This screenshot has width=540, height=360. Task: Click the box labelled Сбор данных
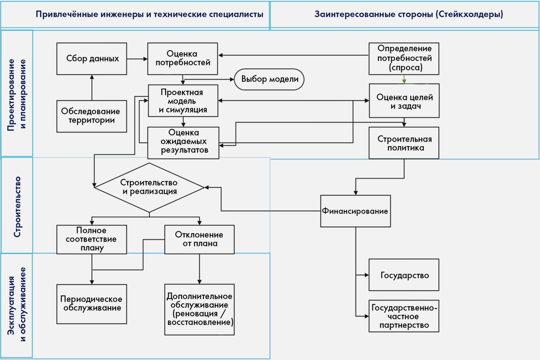[92, 59]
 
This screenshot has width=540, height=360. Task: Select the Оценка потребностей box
[182, 59]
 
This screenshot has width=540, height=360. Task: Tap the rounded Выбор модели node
[269, 79]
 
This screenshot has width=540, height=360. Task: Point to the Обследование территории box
[92, 116]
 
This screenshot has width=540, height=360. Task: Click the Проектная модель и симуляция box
[183, 101]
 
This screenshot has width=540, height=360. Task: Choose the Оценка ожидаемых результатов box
[183, 143]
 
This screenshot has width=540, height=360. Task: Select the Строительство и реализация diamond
[149, 187]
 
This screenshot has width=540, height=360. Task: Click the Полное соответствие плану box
[92, 239]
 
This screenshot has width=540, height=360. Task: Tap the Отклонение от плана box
[199, 239]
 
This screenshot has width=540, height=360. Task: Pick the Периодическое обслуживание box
[92, 304]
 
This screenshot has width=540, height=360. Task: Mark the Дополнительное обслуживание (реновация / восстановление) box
[199, 309]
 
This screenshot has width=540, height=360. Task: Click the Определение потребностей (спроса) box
[404, 59]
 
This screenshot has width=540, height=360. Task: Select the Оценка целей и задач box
[404, 101]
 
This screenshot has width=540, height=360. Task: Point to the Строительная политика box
[404, 143]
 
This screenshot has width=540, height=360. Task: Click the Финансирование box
[355, 211]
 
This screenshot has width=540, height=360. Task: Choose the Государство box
[404, 275]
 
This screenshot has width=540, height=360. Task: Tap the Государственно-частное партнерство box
[404, 316]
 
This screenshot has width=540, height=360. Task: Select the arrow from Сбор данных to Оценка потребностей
[137, 59]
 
